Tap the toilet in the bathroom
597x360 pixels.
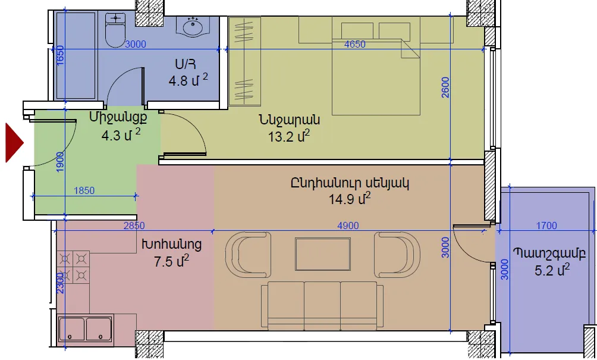pyautogui.click(x=115, y=30)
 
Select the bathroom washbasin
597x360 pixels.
pyautogui.click(x=193, y=27)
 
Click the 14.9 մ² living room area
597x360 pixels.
pyautogui.click(x=350, y=199)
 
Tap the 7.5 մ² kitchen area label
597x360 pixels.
pyautogui.click(x=171, y=261)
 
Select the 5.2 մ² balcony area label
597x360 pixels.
pyautogui.click(x=552, y=270)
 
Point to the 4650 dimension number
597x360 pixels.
pyautogui.click(x=355, y=44)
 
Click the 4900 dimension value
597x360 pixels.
pyautogui.click(x=348, y=226)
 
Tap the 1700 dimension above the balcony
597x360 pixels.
pyautogui.click(x=546, y=226)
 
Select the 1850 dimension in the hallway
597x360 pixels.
pyautogui.click(x=84, y=190)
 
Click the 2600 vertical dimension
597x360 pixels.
pyautogui.click(x=445, y=87)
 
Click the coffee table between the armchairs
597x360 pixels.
pyautogui.click(x=323, y=254)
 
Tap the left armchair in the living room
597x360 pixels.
pyautogui.click(x=248, y=254)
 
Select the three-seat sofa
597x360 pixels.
pyautogui.click(x=322, y=305)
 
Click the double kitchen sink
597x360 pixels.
pyautogui.click(x=86, y=328)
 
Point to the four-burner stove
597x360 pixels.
pyautogui.click(x=73, y=267)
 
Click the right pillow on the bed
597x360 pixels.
pyautogui.click(x=394, y=30)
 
